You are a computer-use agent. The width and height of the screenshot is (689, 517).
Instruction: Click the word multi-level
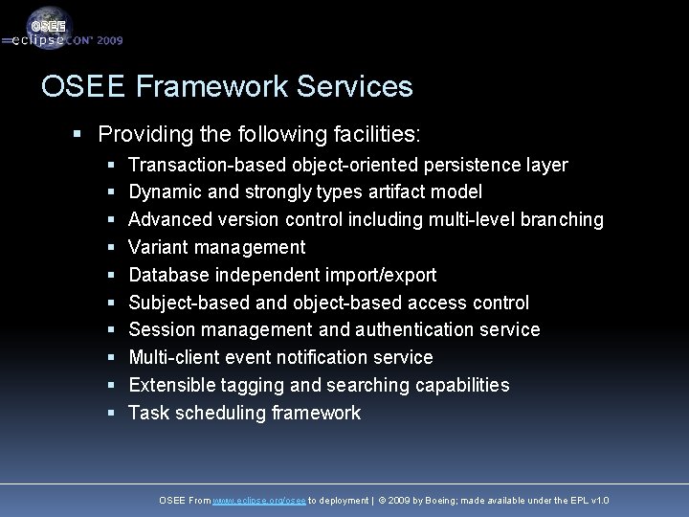click(x=468, y=220)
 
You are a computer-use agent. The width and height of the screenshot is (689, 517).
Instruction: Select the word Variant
click(x=158, y=248)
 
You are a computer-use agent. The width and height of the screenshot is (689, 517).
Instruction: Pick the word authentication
click(x=415, y=330)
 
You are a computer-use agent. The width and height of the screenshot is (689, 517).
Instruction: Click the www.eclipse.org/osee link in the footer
click(x=258, y=501)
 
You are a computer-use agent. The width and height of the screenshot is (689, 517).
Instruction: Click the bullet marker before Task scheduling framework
click(x=111, y=414)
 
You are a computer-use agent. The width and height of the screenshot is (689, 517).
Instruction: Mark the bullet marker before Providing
click(x=78, y=132)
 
